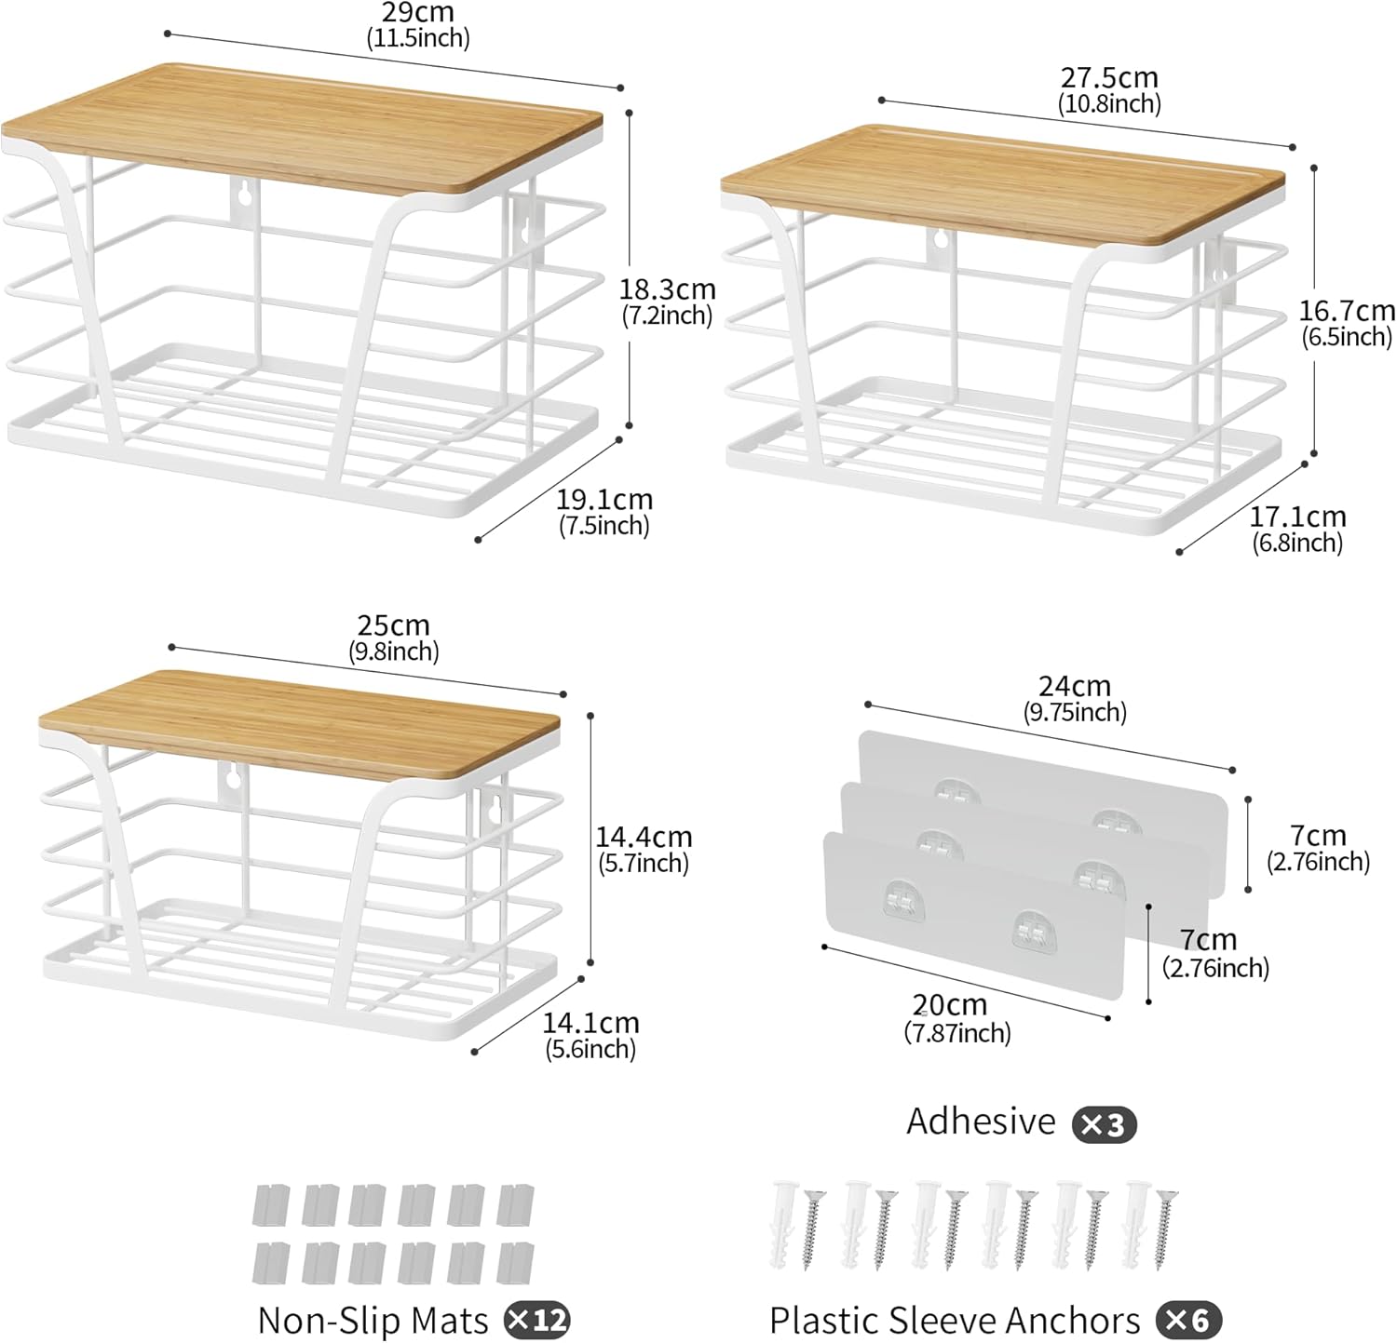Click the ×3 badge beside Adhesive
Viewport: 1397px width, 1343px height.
point(1105,1125)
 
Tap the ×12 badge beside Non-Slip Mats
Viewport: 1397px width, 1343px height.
point(536,1320)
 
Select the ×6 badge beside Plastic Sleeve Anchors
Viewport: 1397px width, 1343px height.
point(1188,1320)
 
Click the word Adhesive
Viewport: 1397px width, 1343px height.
point(981,1121)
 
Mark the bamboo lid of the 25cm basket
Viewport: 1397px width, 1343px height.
point(300,722)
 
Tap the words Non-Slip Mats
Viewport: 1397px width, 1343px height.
point(373,1321)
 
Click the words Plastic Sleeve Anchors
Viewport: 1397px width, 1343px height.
point(955,1321)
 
